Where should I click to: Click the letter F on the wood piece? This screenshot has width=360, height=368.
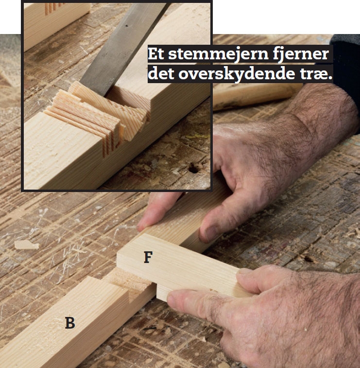148,257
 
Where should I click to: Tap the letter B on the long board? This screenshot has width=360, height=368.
70,323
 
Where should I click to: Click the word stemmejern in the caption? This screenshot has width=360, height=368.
218,54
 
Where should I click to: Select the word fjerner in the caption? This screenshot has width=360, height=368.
301,54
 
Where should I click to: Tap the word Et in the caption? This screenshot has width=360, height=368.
156,54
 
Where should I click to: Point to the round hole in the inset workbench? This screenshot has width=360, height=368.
194,168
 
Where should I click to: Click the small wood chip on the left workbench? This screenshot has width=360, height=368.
27,245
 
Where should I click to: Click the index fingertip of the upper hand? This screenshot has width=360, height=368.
143,225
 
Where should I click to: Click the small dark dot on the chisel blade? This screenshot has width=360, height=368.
127,25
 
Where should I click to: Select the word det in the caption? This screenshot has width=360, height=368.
161,73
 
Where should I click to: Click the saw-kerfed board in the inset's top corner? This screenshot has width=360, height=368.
56,23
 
